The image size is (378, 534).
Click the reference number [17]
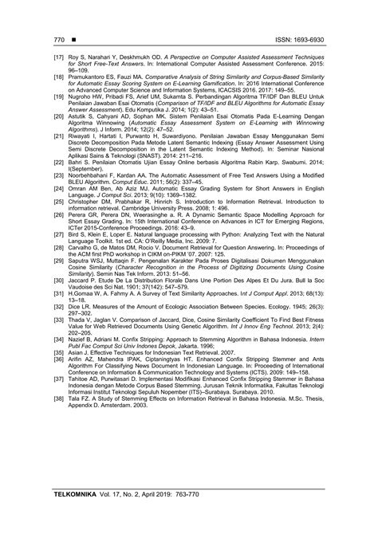click(57, 58)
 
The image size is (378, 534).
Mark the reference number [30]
click(57, 258)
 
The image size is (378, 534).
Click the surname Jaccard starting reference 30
click(83, 258)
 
